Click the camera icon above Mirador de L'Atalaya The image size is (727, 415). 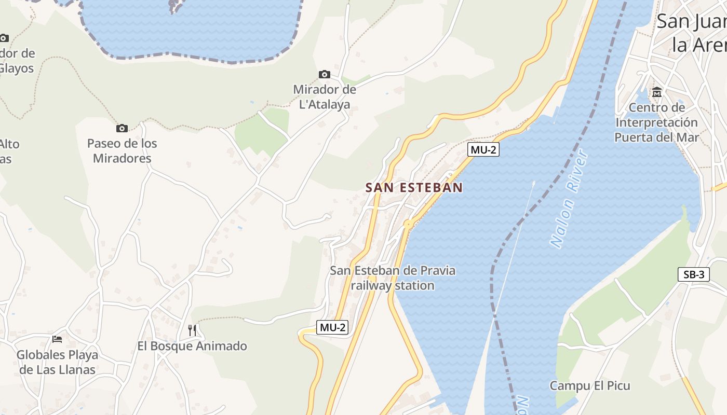pyautogui.click(x=325, y=75)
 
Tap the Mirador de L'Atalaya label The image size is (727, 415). pyautogui.click(x=325, y=97)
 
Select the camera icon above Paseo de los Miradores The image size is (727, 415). pyautogui.click(x=122, y=128)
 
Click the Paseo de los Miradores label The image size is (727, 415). pyautogui.click(x=122, y=151)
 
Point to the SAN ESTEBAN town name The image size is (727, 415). pyautogui.click(x=414, y=188)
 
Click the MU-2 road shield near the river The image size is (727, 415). pyautogui.click(x=483, y=150)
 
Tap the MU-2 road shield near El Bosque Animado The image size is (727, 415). pyautogui.click(x=332, y=327)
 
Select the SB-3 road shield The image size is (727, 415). pyautogui.click(x=693, y=275)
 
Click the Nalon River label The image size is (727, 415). pyautogui.click(x=569, y=199)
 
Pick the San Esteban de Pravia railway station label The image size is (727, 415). pyautogui.click(x=393, y=278)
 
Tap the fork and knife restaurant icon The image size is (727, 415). pyautogui.click(x=192, y=330)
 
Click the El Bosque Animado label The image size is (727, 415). pyautogui.click(x=192, y=346)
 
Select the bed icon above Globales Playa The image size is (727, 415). pyautogui.click(x=57, y=339)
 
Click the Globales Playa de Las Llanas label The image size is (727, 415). pyautogui.click(x=57, y=363)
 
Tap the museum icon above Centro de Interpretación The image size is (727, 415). pyautogui.click(x=657, y=92)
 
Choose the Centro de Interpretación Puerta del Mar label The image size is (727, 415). pyautogui.click(x=657, y=122)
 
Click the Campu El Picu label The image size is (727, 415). pyautogui.click(x=590, y=386)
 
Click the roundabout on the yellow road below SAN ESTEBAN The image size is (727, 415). pyautogui.click(x=408, y=224)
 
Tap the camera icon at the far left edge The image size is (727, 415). pyautogui.click(x=4, y=38)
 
